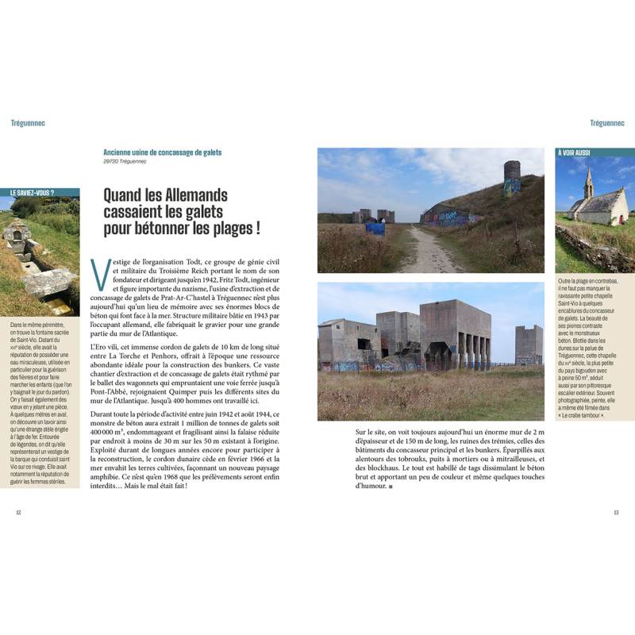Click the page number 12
point(18,511)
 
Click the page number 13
point(616,511)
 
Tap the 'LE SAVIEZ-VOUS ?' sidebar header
point(39,192)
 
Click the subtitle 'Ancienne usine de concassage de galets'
point(162,152)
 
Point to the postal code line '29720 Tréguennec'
point(125,162)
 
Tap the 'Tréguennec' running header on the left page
point(28,123)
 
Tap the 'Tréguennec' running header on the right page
point(607,123)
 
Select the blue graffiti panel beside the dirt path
point(375,229)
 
